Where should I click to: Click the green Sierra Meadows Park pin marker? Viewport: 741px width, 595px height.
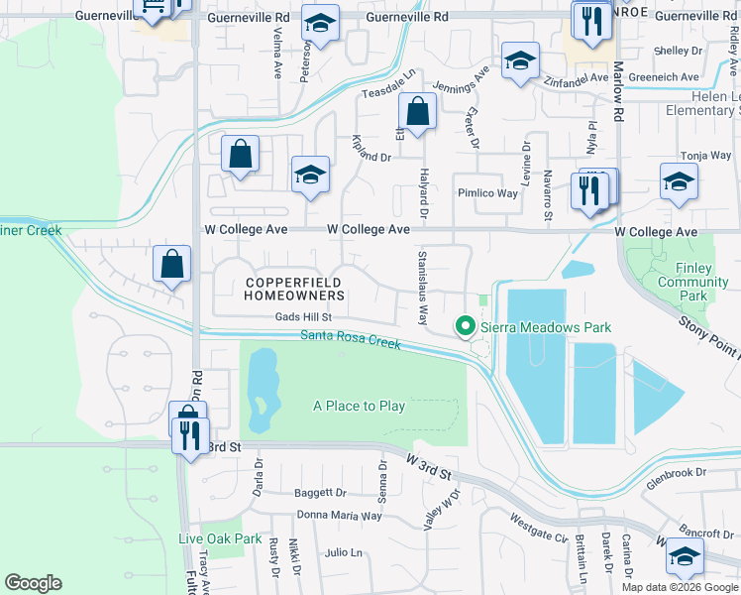tap(463, 326)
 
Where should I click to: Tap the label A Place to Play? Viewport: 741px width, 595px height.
tap(359, 406)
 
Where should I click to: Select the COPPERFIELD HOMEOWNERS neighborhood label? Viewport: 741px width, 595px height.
tap(294, 289)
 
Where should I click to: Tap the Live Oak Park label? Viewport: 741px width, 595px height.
tap(220, 539)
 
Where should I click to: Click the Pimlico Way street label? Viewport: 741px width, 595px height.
tap(486, 193)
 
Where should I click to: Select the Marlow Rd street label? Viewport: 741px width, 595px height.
tap(618, 90)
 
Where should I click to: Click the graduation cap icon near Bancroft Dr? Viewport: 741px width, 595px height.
tap(684, 557)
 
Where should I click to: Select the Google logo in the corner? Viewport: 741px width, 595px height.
tap(33, 583)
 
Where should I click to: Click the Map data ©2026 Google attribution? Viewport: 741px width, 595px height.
tap(680, 587)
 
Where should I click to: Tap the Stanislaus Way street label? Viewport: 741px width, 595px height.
tap(422, 288)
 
